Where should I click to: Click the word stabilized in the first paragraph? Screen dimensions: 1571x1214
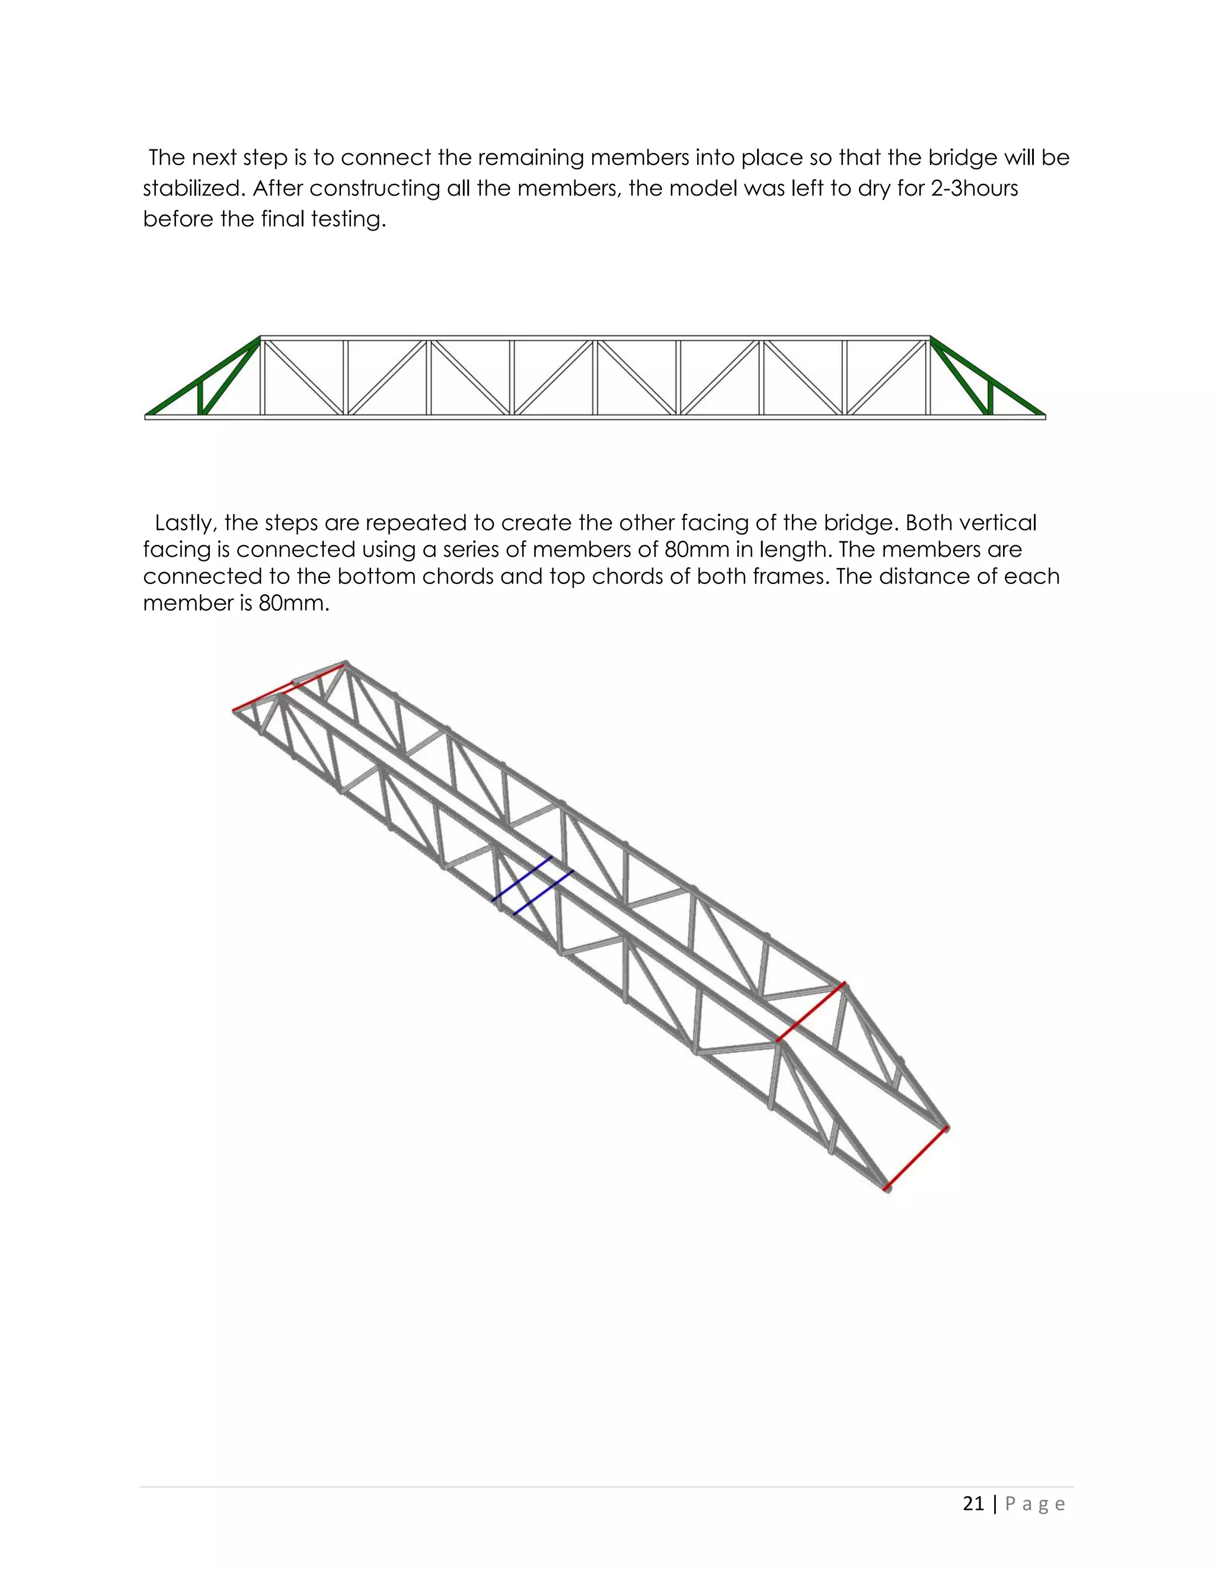192,189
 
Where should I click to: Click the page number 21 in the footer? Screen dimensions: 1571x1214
973,1503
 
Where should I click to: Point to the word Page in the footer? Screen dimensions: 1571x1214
1035,1504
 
